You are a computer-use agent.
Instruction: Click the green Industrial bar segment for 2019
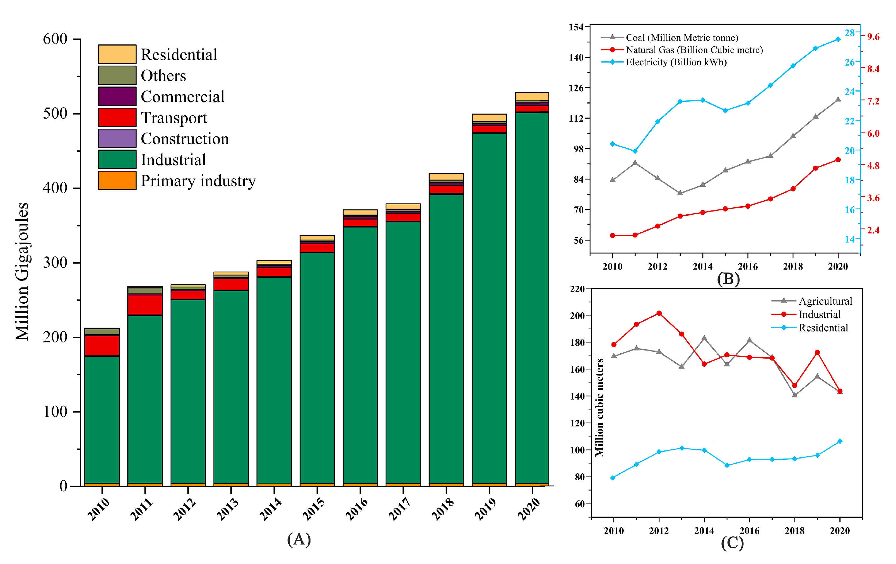point(489,309)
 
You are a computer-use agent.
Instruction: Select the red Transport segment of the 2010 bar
point(102,346)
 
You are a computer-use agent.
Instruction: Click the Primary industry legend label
point(198,181)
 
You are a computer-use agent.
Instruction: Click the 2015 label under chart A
point(313,509)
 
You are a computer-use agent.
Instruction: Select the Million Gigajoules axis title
point(22,272)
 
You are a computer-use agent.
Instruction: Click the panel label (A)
point(299,539)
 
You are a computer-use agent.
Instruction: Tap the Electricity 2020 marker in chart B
point(838,39)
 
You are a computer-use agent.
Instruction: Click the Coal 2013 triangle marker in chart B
point(680,193)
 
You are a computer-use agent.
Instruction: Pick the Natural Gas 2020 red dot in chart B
point(838,160)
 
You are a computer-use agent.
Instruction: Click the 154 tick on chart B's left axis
point(576,27)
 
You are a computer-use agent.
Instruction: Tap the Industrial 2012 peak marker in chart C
point(659,313)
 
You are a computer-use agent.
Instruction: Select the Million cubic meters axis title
point(599,408)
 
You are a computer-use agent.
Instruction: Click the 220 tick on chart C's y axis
point(577,289)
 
